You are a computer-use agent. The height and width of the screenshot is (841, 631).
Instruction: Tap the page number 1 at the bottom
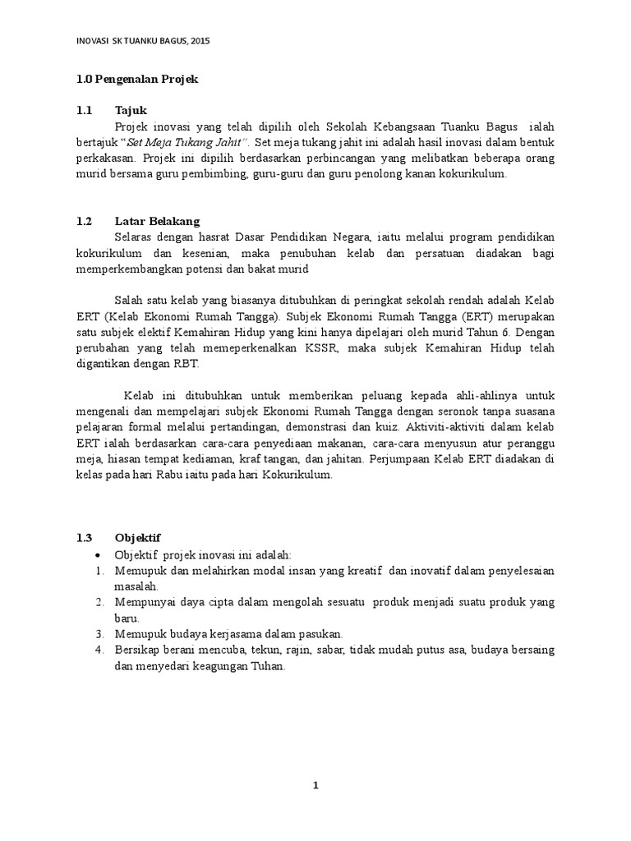(x=315, y=786)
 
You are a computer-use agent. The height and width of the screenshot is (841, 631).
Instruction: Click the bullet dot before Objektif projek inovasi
(x=98, y=554)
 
